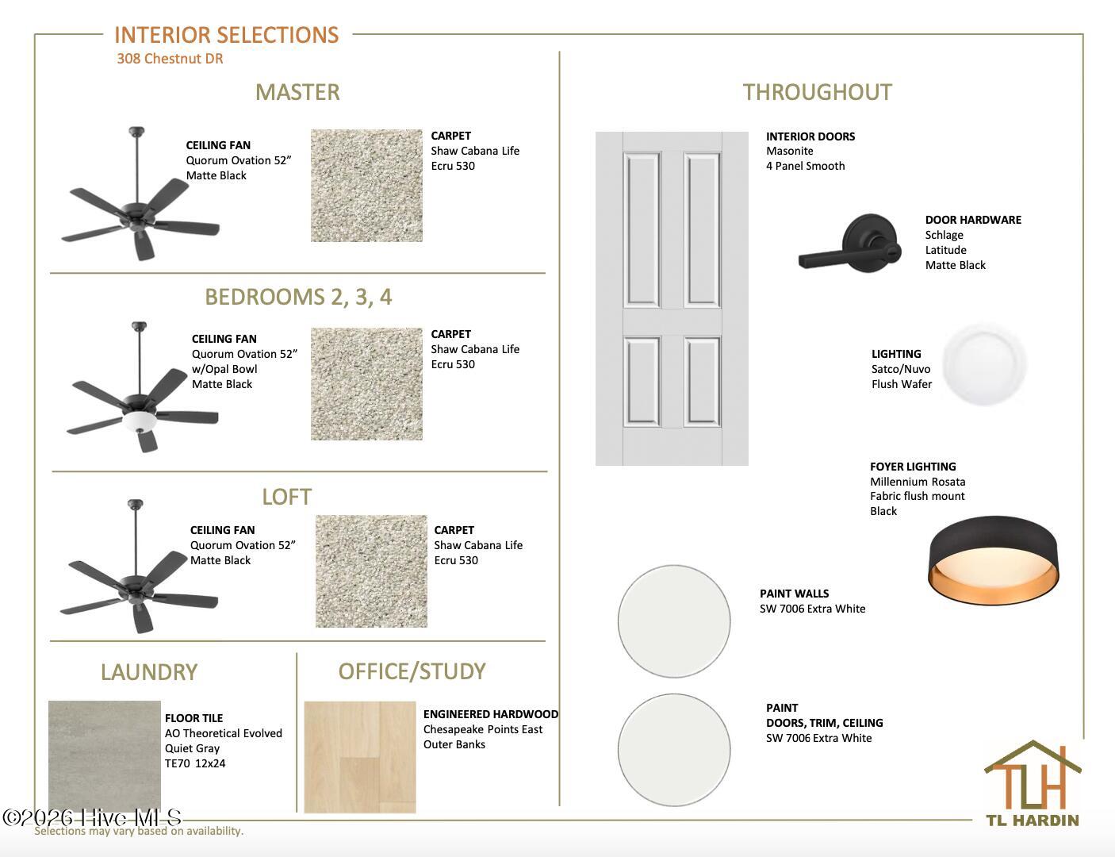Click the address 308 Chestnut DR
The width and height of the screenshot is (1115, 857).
(170, 59)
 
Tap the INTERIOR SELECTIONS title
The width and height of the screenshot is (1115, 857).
(226, 35)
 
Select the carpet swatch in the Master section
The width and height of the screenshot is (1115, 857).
(366, 185)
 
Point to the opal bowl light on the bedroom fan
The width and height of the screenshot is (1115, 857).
(140, 421)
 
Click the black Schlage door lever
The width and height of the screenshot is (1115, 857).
(850, 244)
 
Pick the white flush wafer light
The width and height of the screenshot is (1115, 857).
(984, 364)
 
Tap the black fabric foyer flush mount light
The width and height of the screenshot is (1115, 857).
(994, 560)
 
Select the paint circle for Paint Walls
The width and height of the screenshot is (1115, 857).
(674, 621)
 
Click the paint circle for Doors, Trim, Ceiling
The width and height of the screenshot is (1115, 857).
(674, 750)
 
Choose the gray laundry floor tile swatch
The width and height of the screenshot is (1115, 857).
(105, 756)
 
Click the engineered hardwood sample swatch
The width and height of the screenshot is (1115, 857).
(360, 757)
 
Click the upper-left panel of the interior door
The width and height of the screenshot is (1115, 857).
(642, 229)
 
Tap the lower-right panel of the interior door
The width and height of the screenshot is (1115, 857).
(702, 382)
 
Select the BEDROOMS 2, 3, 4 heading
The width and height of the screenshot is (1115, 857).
(298, 297)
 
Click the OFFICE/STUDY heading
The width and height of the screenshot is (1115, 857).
(412, 672)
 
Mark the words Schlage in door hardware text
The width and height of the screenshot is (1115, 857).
(944, 235)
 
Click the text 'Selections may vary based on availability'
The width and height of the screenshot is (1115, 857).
(139, 831)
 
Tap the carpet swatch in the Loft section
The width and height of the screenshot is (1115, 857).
(371, 571)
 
